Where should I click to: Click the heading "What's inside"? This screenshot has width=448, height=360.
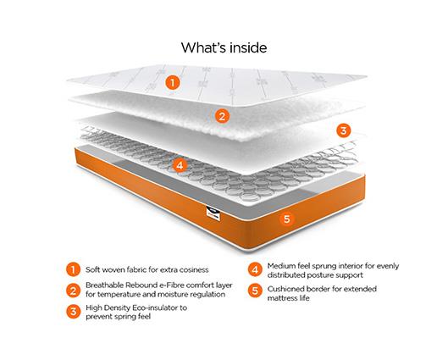[x=224, y=47]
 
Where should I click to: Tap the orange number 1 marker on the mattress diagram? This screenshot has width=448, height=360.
[x=173, y=83]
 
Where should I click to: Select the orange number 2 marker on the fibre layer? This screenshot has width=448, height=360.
[x=222, y=117]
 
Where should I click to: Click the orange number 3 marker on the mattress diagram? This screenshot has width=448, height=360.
[x=343, y=130]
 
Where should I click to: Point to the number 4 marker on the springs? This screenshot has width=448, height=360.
[x=180, y=164]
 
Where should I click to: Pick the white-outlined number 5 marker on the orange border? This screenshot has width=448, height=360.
[x=286, y=219]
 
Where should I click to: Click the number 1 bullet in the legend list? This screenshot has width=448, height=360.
[x=74, y=269]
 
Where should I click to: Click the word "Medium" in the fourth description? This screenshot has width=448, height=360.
[x=285, y=264]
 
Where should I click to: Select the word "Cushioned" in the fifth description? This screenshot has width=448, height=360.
[x=290, y=287]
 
